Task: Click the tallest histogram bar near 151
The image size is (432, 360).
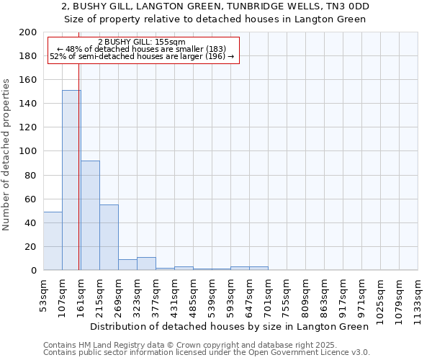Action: click(71, 180)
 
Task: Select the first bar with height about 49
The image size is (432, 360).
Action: click(53, 240)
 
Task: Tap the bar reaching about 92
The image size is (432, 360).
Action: click(90, 215)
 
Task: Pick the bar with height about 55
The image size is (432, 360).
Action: click(109, 238)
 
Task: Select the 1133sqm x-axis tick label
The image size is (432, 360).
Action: click(418, 297)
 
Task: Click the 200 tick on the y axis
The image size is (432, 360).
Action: click(28, 32)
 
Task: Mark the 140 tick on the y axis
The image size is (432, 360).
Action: click(28, 104)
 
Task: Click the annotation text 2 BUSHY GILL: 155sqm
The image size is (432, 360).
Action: click(142, 42)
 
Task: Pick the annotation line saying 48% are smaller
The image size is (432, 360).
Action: click(142, 49)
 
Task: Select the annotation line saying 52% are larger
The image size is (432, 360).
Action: click(142, 56)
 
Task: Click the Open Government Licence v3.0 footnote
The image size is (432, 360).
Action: click(207, 353)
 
